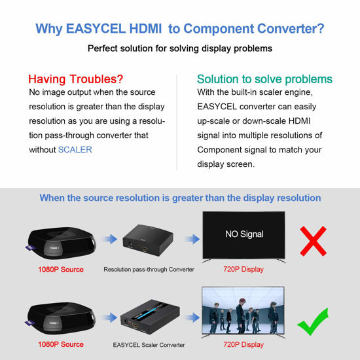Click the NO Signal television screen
(244, 234)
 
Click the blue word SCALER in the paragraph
(75, 149)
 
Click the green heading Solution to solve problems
(264, 79)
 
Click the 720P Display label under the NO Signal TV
(243, 270)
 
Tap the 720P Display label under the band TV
(243, 344)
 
